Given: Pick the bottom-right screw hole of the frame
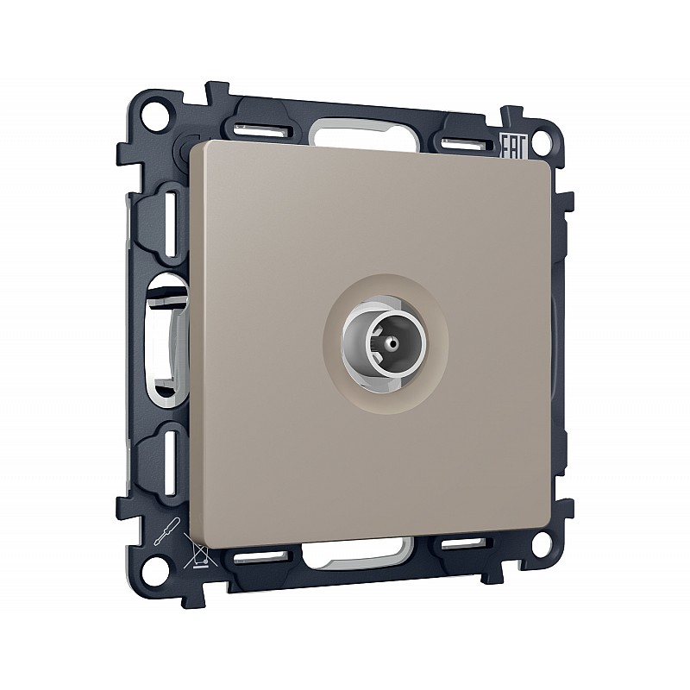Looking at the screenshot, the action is click(542, 543).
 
